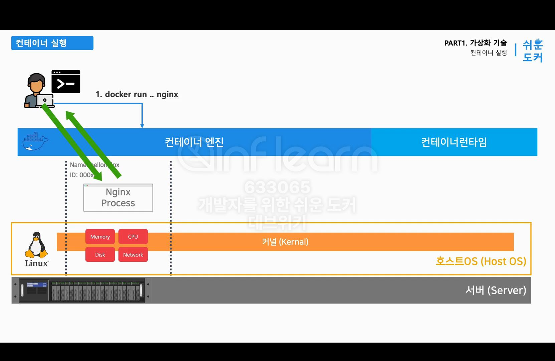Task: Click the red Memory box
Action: tap(100, 237)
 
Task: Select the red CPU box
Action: tap(133, 237)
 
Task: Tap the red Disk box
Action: tap(100, 255)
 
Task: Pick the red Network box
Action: tap(133, 255)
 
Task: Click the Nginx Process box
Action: tap(118, 198)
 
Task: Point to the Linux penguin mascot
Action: tap(36, 245)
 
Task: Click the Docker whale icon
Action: tap(35, 141)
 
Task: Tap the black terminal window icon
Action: tap(66, 82)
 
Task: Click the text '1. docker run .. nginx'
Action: tap(137, 94)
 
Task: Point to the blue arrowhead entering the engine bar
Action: tap(142, 126)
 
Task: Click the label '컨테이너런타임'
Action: tap(454, 142)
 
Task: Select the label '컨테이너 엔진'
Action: tap(194, 142)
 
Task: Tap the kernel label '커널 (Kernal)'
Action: tap(285, 242)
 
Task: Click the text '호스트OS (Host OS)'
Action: tap(481, 261)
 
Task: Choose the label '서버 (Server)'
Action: tap(496, 290)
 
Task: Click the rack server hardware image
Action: tap(82, 290)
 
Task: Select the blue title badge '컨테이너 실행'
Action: tap(52, 43)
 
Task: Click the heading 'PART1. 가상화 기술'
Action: tap(475, 43)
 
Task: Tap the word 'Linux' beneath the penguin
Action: tap(36, 263)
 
